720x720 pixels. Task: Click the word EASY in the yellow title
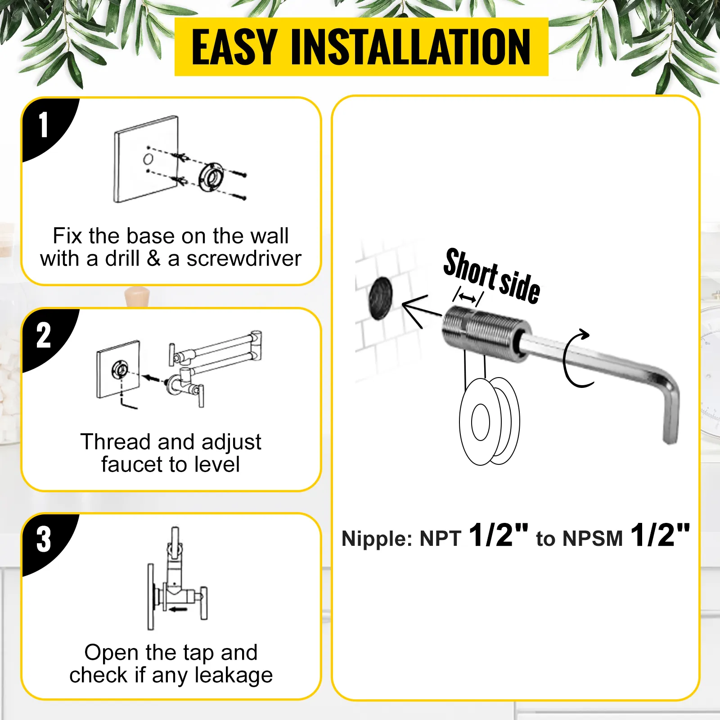click(x=234, y=47)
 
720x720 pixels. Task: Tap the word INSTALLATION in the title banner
click(x=411, y=47)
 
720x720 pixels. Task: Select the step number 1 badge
click(x=44, y=125)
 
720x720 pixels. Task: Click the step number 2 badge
click(x=44, y=336)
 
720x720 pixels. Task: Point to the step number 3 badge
click(x=44, y=540)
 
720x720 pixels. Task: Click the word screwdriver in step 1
click(x=243, y=259)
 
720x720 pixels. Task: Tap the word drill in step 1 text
click(x=122, y=259)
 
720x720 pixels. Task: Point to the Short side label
click(x=492, y=276)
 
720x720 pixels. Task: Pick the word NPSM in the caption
click(x=593, y=539)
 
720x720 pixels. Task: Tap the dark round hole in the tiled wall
click(x=380, y=298)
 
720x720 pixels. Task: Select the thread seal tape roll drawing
click(x=490, y=421)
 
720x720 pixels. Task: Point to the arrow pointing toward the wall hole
click(x=421, y=310)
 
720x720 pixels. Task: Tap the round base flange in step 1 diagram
click(x=211, y=177)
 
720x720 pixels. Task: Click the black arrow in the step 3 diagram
click(x=178, y=610)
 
